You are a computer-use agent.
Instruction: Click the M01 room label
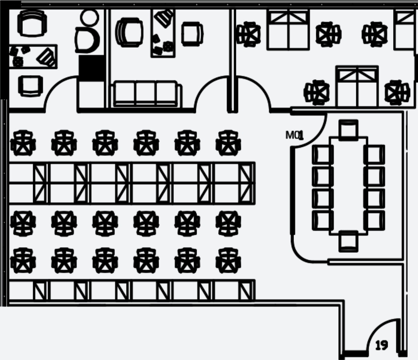coord(294,135)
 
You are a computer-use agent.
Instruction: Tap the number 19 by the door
coord(382,345)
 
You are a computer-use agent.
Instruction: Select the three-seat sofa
coord(145,94)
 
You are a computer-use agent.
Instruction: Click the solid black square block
coord(91,67)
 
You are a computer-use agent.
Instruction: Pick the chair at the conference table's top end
coord(348,129)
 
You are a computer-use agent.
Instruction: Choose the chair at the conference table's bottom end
coord(348,241)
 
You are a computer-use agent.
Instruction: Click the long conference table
coord(348,185)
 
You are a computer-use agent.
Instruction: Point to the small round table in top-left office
coord(89,18)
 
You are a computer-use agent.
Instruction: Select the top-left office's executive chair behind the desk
coord(32,23)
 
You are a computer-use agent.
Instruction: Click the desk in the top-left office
coord(33,56)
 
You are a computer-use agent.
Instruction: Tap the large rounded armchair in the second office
coord(129,32)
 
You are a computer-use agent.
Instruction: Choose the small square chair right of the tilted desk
coord(192,34)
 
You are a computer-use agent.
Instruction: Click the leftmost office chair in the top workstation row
coord(23,143)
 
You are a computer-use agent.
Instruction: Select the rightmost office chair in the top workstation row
coord(228,143)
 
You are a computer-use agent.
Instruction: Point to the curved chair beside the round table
coord(87,40)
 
